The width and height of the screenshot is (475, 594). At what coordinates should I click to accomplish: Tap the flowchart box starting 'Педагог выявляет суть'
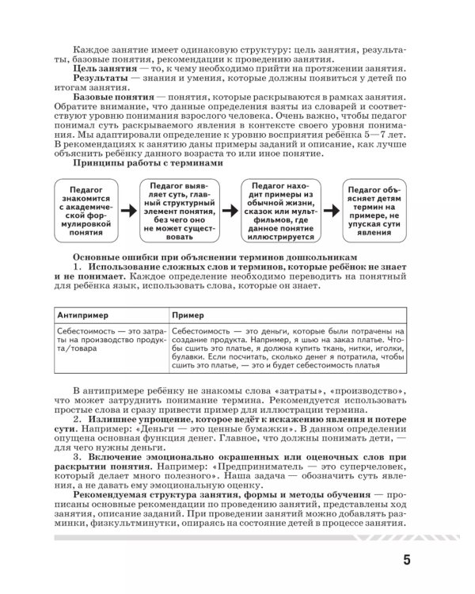[175, 211]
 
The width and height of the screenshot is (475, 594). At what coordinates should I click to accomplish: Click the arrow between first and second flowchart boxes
[127, 211]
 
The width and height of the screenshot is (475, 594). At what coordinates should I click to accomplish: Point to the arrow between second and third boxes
[227, 211]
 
